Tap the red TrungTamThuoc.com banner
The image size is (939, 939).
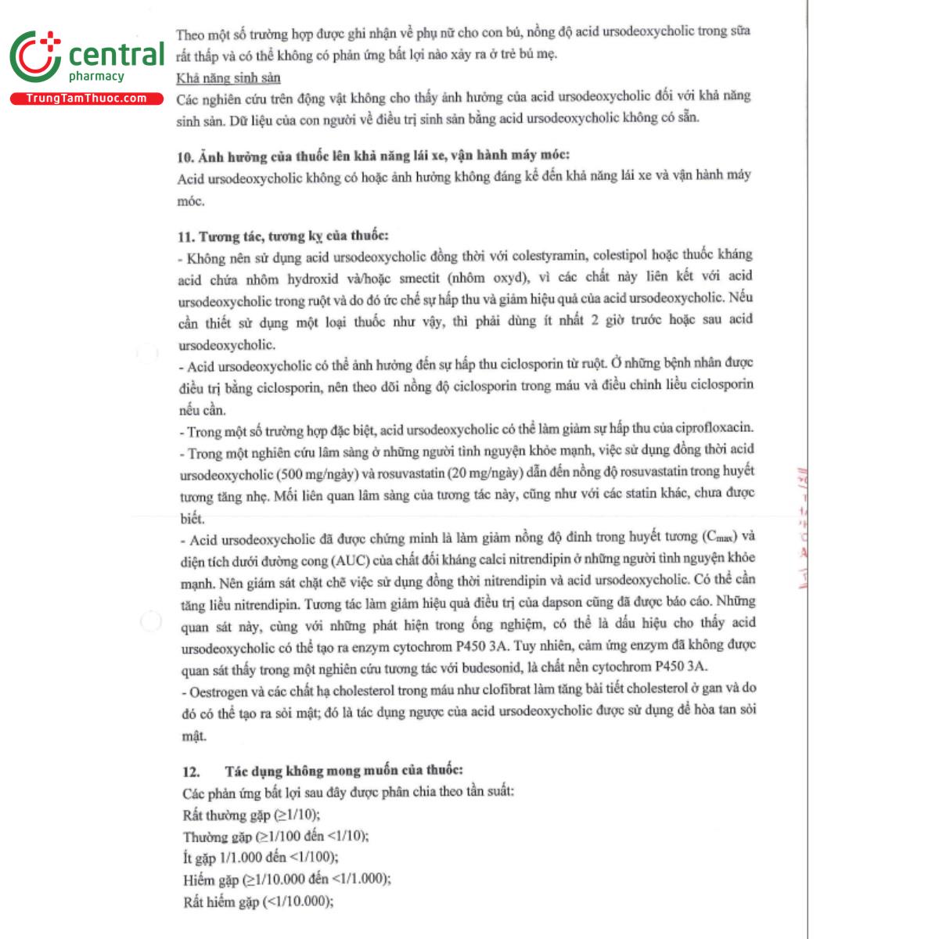pyautogui.click(x=86, y=99)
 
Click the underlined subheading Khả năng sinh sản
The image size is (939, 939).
pyautogui.click(x=228, y=77)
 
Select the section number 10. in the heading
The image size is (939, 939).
pyautogui.click(x=185, y=156)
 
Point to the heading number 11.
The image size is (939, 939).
pyautogui.click(x=186, y=236)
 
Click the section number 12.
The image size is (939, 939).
pyautogui.click(x=191, y=771)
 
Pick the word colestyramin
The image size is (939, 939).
pyautogui.click(x=547, y=255)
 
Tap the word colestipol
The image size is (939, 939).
pyautogui.click(x=623, y=255)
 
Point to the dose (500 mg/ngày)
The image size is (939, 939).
pyautogui.click(x=318, y=474)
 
